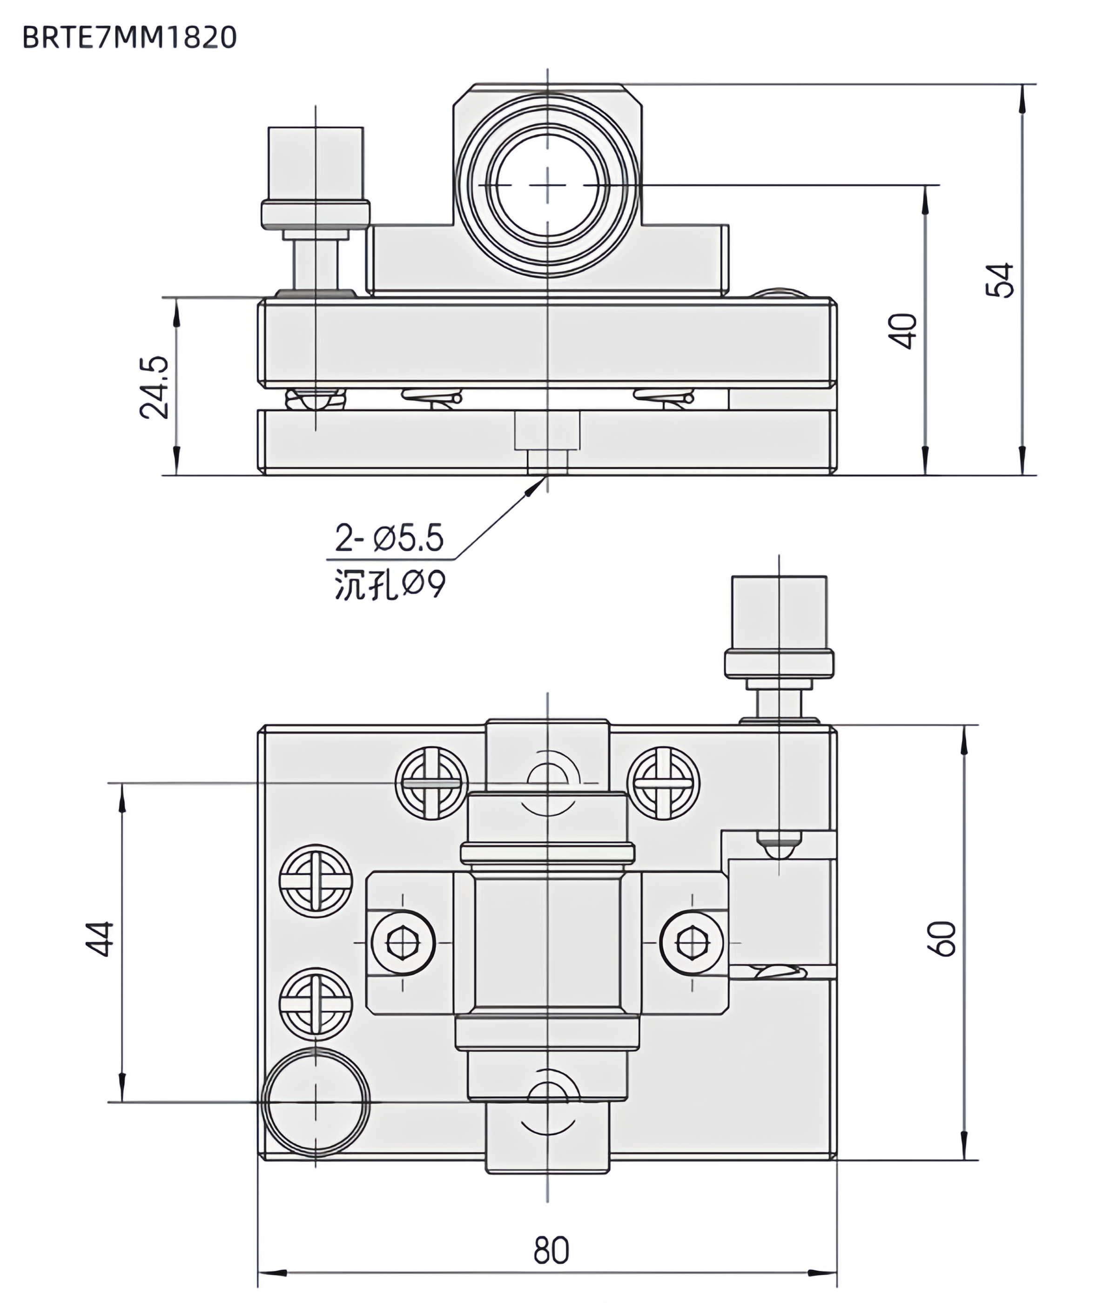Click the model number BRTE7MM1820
129,38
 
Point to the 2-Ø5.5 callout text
389,539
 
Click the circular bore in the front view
547,186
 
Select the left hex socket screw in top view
403,942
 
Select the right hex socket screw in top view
691,942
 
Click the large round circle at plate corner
316,1102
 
